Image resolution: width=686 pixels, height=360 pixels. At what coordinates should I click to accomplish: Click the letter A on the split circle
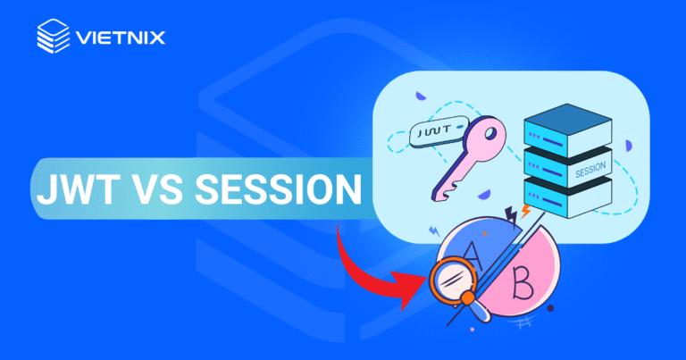tap(475, 264)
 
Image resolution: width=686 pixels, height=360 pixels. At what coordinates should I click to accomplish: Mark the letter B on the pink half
tap(525, 286)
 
